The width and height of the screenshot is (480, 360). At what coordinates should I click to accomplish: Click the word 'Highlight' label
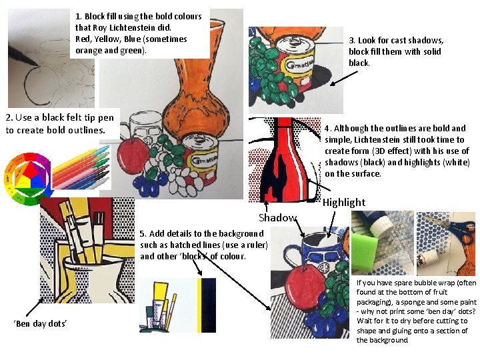click(x=344, y=203)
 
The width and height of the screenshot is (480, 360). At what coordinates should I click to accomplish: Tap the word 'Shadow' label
click(x=277, y=217)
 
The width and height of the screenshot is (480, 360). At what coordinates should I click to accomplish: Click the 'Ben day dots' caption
click(x=41, y=323)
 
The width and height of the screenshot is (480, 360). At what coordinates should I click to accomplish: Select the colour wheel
click(x=27, y=179)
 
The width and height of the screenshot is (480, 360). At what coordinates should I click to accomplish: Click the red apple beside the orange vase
click(x=133, y=155)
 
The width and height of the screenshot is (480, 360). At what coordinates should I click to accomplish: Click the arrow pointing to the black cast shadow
click(x=344, y=78)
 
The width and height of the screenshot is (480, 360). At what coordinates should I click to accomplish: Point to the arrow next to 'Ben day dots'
click(x=34, y=307)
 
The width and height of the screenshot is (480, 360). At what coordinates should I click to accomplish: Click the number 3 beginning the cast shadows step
click(x=351, y=41)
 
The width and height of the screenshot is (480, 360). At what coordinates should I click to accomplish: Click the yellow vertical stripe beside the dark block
click(x=199, y=305)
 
